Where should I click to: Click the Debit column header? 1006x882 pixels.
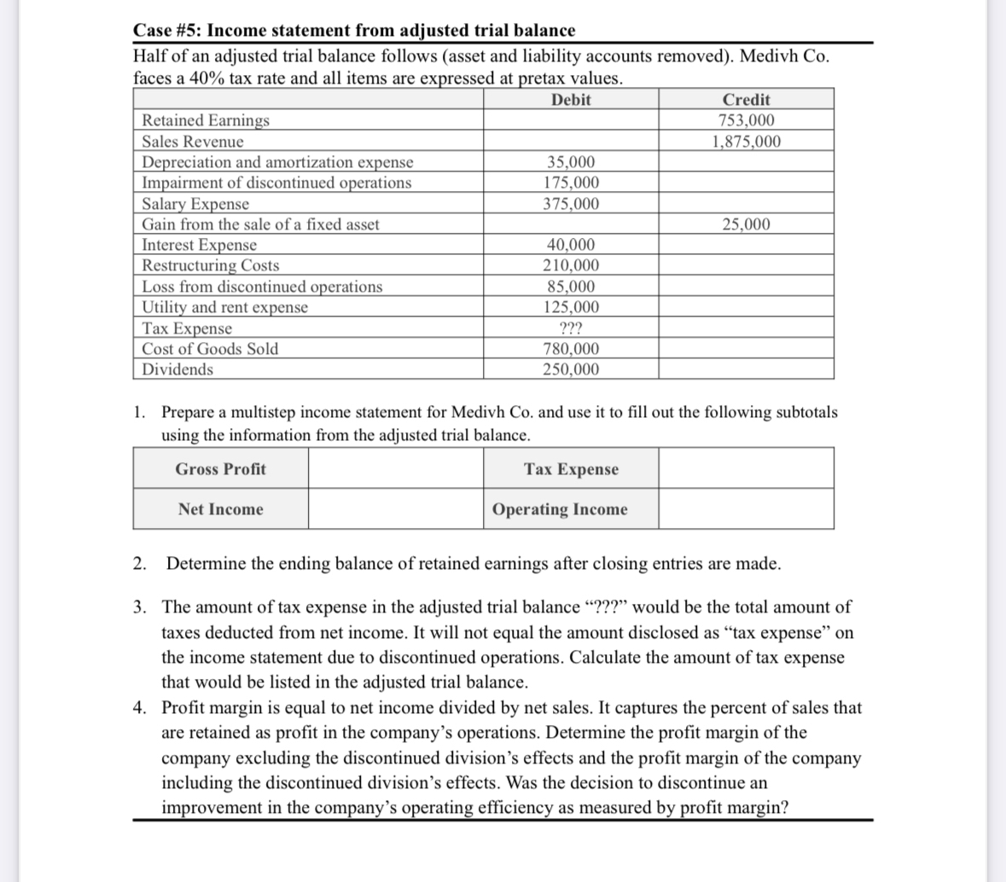coord(571,100)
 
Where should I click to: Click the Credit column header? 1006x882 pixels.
coord(746,100)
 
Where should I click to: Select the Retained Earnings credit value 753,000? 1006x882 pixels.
coord(746,120)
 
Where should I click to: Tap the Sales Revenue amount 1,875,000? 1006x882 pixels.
coord(746,142)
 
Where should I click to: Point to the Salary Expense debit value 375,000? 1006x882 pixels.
coord(571,204)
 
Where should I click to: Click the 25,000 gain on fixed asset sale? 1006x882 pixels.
coord(746,224)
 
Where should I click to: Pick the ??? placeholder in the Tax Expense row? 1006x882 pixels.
coord(571,328)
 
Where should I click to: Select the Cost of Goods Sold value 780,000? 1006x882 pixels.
coord(571,349)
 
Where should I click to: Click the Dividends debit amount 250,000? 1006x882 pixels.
coord(571,369)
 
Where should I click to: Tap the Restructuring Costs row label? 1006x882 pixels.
coord(210,266)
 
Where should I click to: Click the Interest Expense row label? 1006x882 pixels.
coord(199,246)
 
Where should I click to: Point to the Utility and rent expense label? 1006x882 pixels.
coord(224,307)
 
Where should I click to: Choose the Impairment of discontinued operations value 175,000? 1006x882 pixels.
coord(571,183)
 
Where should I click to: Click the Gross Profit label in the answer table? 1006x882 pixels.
coord(220,469)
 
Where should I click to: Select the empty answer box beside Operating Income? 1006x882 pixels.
coord(746,509)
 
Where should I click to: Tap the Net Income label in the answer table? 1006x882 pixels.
coord(220,509)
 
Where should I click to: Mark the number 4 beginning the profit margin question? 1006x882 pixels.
coord(138,708)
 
